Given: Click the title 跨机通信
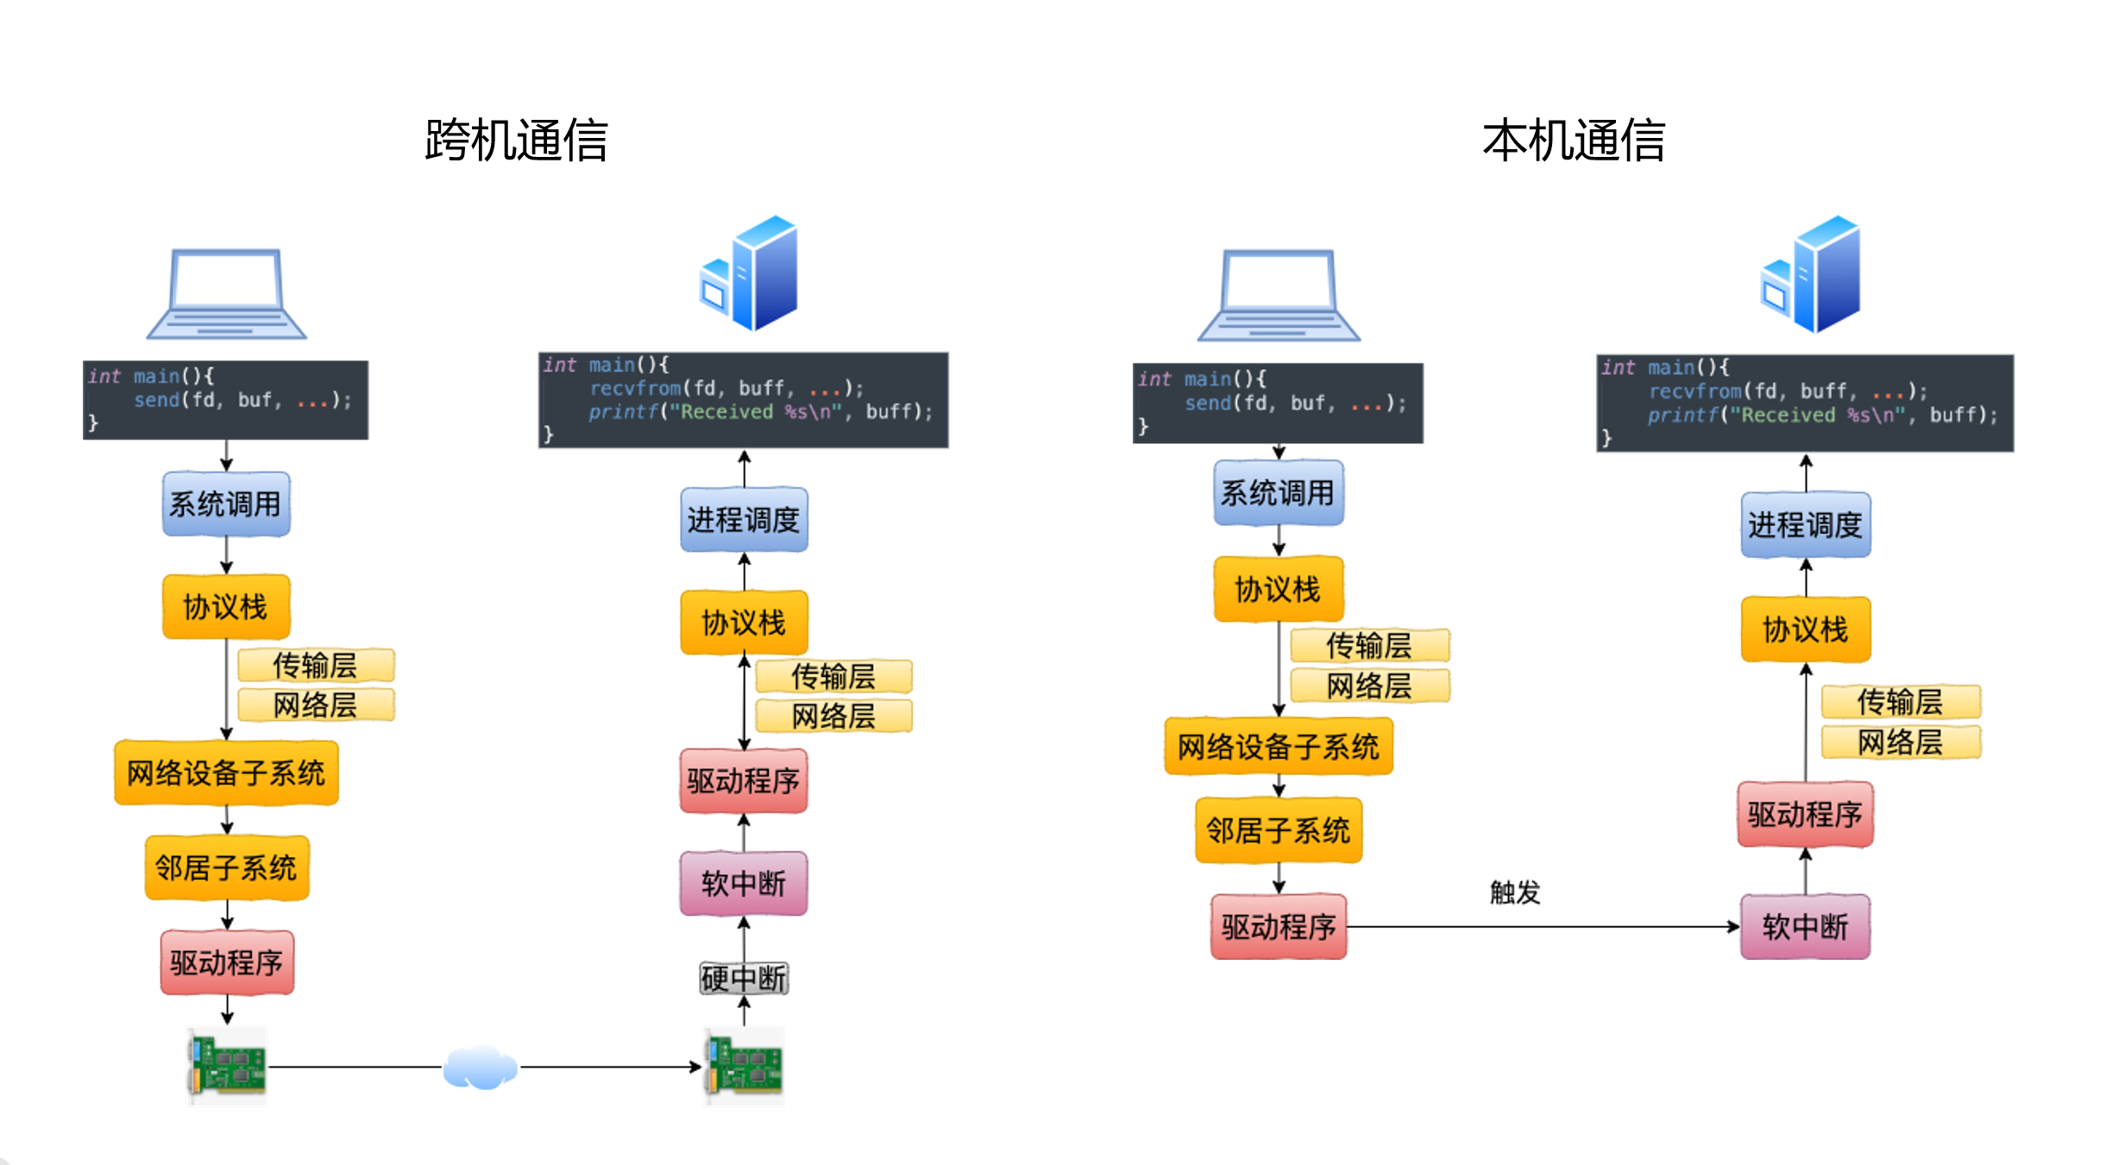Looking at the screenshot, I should tap(516, 141).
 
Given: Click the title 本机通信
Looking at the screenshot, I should tap(1573, 141).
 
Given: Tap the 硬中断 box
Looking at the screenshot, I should tap(744, 978).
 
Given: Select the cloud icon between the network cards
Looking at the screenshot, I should tap(481, 1068).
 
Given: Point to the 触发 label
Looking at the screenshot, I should tap(1515, 892).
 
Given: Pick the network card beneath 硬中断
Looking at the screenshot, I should tap(745, 1067).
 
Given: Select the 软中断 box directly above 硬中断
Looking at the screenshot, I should tap(744, 883).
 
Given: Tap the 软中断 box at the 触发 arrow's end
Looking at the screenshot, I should tap(1805, 927).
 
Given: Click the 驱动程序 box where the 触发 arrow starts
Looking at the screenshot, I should tap(1279, 927).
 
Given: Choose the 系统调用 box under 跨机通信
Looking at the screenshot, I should tap(226, 504).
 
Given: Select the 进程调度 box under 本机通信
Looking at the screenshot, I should tap(1805, 524).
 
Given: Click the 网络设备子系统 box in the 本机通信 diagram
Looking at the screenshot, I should tap(1279, 746).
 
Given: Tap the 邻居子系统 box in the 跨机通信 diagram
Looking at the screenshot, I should tap(226, 867).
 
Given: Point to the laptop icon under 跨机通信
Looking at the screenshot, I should tap(227, 293).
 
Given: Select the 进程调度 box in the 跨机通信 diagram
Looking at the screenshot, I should tap(744, 519).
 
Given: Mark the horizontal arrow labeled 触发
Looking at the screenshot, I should tap(1544, 927).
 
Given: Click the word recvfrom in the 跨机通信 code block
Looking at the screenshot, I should tap(636, 389).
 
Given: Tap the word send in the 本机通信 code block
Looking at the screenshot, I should tap(1207, 404).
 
